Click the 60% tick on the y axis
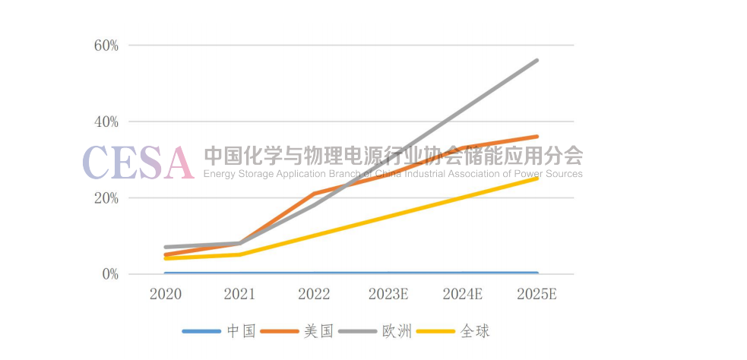tap(106, 45)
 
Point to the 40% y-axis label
tap(106, 122)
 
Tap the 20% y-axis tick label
tap(106, 198)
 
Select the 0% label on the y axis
tap(109, 274)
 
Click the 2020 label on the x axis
tap(165, 294)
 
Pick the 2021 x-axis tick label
tap(239, 294)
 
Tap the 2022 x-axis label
tap(314, 294)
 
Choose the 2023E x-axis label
tap(388, 294)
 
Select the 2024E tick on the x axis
tap(463, 294)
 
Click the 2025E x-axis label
tap(537, 294)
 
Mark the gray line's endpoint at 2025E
tap(537, 60)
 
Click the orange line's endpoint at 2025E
tap(537, 137)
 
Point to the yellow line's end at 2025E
tap(537, 178)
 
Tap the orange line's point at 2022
tap(314, 194)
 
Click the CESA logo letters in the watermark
tap(138, 162)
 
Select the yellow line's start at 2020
tap(165, 258)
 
